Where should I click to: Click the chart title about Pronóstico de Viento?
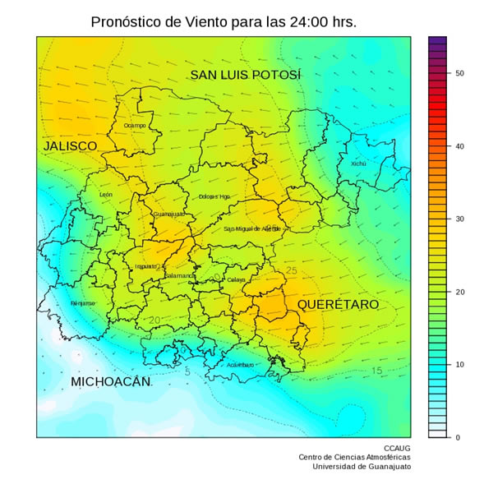click(x=224, y=22)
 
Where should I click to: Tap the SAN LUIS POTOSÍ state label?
click(x=246, y=76)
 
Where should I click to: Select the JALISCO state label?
click(x=70, y=146)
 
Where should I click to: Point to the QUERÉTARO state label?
click(x=338, y=305)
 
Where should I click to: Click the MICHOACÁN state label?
click(x=111, y=382)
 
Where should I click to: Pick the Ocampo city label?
click(x=135, y=125)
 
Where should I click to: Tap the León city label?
click(x=106, y=195)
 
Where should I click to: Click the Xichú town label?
click(x=358, y=164)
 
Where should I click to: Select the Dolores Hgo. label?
click(x=214, y=196)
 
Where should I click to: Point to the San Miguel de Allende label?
click(x=252, y=228)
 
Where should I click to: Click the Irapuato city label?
click(x=146, y=266)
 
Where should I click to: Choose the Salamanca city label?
click(x=180, y=275)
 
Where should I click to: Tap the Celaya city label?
click(x=236, y=279)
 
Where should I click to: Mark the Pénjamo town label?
click(x=83, y=303)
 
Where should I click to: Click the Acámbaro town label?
click(x=240, y=365)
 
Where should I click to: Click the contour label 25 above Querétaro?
click(x=291, y=270)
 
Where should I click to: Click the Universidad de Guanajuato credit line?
click(x=361, y=467)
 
